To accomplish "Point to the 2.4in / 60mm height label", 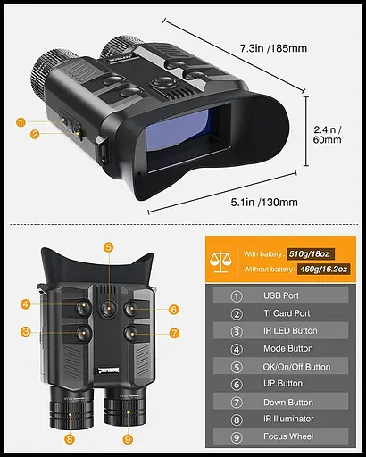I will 328,133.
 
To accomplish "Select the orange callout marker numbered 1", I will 21,122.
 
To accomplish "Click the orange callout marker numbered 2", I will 34,135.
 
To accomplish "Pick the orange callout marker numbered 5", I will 108,248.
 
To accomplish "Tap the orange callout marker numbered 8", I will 70,438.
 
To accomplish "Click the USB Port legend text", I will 281,295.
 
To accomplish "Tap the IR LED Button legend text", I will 290,331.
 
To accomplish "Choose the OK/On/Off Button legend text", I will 296,366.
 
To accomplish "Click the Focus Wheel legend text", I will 287,437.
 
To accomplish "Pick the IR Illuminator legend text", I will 288,420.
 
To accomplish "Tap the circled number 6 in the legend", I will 237,384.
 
